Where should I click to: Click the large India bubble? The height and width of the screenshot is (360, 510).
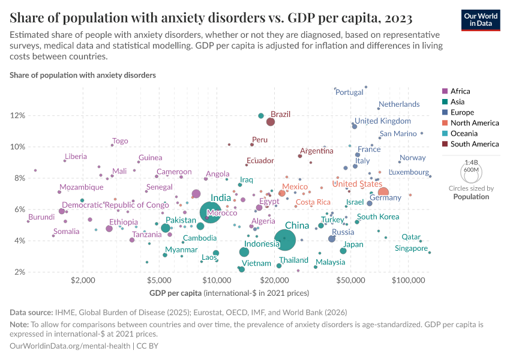tap(209, 212)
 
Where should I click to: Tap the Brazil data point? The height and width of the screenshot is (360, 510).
tap(271, 122)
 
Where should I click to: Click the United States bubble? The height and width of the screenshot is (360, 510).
tap(383, 193)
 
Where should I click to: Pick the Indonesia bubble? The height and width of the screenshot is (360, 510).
tap(244, 252)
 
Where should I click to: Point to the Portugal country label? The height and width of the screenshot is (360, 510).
tap(349, 92)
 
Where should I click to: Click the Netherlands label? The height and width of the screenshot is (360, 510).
tap(399, 104)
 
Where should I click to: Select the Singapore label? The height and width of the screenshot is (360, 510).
tap(411, 248)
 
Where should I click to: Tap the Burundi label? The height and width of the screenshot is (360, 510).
tap(41, 217)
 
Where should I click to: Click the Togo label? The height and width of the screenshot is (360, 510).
tap(120, 141)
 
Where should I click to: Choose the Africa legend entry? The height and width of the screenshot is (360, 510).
tap(460, 91)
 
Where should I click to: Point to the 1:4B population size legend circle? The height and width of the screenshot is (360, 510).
tap(470, 173)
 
